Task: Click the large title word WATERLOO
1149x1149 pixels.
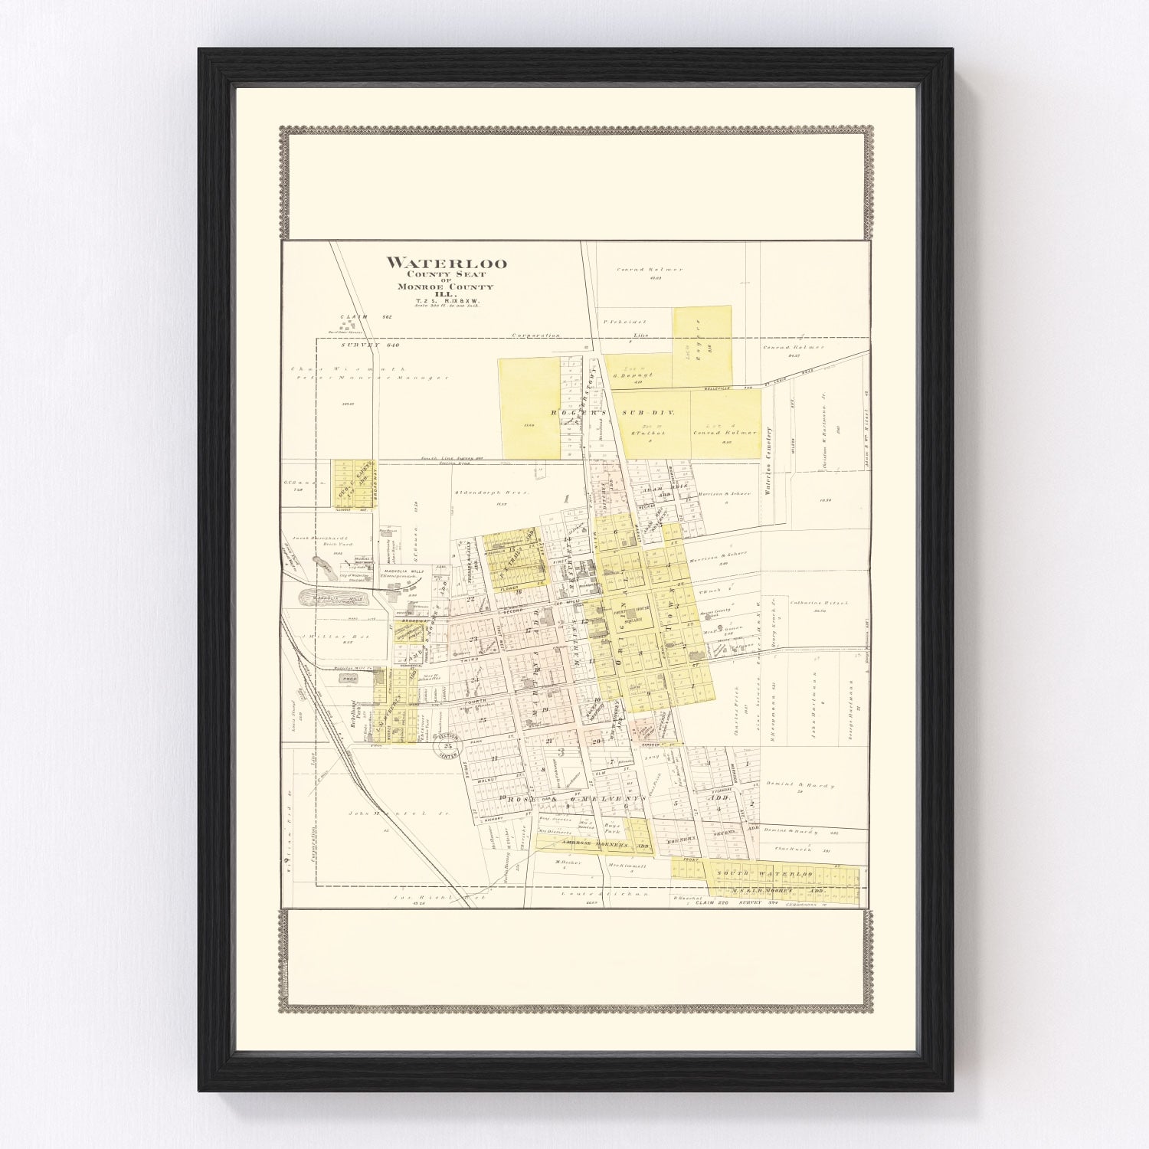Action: coord(446,264)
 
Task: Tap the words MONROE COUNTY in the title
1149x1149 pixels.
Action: coord(445,286)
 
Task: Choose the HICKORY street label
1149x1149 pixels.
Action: coord(493,819)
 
